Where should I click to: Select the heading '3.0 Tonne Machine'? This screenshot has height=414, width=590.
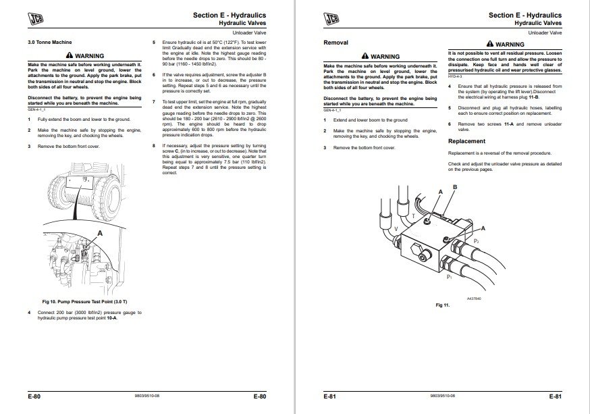coord(49,43)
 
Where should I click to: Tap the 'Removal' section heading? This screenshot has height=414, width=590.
coord(336,43)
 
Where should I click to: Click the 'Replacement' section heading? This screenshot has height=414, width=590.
coord(466,141)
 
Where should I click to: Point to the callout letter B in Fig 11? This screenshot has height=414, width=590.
coord(454,186)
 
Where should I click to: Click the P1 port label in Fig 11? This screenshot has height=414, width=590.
coord(450,277)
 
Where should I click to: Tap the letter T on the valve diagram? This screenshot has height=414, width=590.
coord(413,216)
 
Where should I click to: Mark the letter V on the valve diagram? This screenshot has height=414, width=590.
coord(396,229)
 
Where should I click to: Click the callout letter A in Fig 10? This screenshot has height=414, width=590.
coord(101,233)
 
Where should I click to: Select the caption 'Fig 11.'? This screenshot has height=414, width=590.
coord(442,305)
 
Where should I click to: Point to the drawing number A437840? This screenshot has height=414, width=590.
coord(476,298)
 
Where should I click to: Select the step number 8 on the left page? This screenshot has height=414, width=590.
coord(154,145)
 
